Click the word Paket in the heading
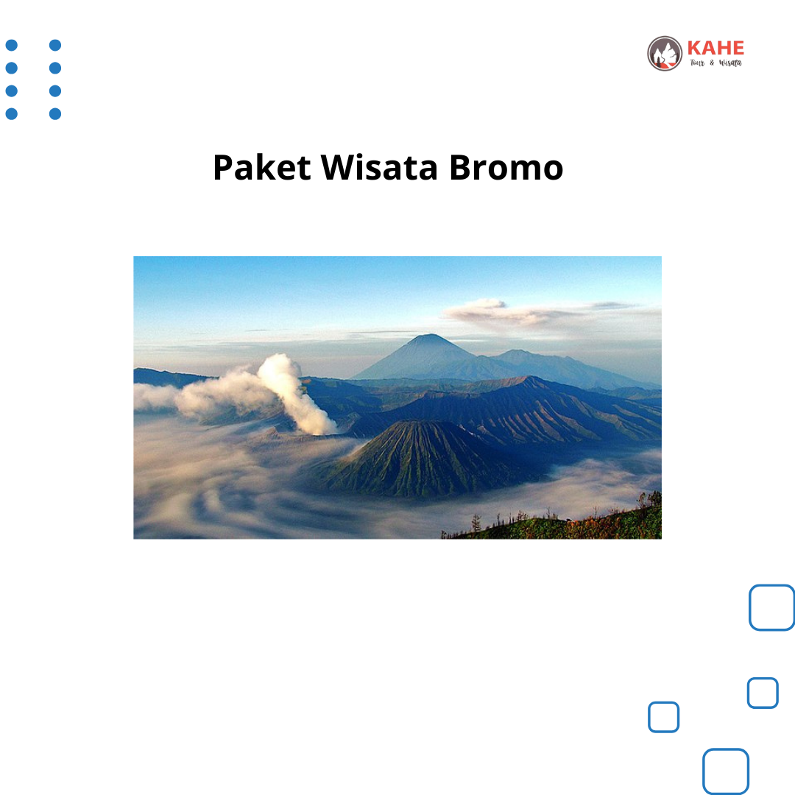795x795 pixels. tap(261, 167)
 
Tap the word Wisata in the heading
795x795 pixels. tap(379, 167)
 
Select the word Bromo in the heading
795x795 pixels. tap(506, 167)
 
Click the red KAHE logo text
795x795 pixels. tap(715, 48)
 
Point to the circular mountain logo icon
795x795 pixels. tap(665, 53)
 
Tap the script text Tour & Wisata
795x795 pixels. tap(715, 63)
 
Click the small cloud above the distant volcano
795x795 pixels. tap(481, 309)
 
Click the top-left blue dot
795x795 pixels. tap(12, 45)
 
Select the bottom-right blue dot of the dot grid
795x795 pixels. tap(55, 113)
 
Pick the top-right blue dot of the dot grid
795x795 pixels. tap(55, 45)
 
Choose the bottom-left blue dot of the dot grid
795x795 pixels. tap(12, 113)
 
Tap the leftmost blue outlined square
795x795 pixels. tap(649, 717)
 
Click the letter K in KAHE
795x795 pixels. tap(694, 48)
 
